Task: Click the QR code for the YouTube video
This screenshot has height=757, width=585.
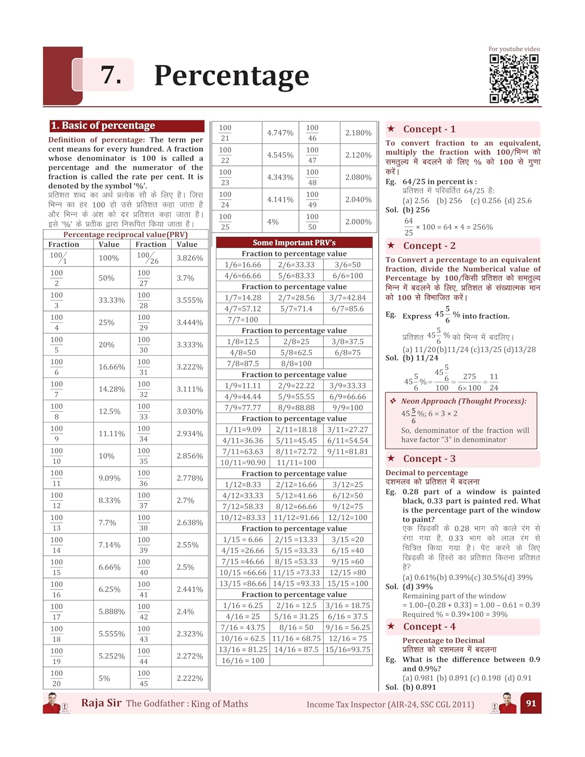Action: click(x=514, y=79)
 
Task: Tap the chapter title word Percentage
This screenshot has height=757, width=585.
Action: click(x=231, y=76)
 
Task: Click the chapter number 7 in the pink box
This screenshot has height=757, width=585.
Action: click(x=111, y=75)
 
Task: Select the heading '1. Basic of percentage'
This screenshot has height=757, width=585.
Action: click(x=102, y=126)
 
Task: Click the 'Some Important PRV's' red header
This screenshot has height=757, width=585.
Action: click(x=294, y=242)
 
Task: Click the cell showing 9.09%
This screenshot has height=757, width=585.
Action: click(x=109, y=478)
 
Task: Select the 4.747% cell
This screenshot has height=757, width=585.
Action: click(x=280, y=133)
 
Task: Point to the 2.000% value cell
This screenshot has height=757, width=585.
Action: click(x=358, y=222)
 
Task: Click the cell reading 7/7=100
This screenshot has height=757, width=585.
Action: click(x=243, y=319)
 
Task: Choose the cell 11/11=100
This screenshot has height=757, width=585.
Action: click(x=296, y=462)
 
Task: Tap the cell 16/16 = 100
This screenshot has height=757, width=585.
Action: click(x=243, y=660)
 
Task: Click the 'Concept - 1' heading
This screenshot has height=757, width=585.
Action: click(x=429, y=129)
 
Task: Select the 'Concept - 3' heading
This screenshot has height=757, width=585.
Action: click(x=429, y=459)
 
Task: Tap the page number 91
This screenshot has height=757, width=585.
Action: click(x=531, y=703)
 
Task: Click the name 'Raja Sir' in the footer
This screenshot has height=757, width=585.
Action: click(x=101, y=703)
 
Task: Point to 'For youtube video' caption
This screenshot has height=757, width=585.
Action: click(x=514, y=49)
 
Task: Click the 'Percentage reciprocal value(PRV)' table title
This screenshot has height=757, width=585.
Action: click(x=125, y=235)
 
